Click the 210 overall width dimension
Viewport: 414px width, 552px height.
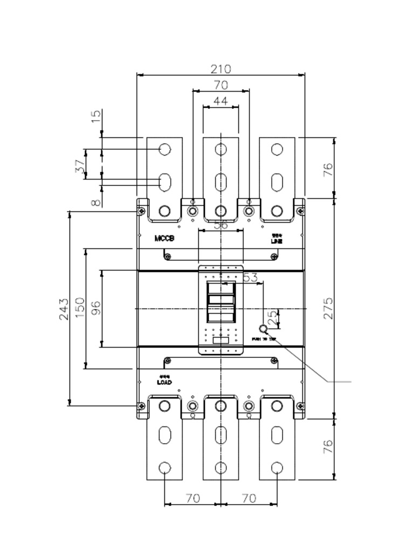[x=220, y=69]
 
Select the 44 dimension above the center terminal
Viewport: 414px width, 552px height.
[x=220, y=101]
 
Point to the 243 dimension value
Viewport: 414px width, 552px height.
[x=64, y=308]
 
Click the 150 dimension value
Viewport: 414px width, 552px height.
[x=80, y=308]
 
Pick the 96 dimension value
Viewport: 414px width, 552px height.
[x=95, y=308]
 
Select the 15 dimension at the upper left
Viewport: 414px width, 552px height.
[x=95, y=116]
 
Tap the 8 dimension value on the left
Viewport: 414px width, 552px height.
[x=95, y=203]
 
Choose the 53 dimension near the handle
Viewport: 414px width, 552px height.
[x=250, y=278]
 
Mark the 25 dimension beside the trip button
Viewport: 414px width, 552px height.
[x=272, y=317]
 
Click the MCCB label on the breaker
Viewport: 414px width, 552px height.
[x=164, y=238]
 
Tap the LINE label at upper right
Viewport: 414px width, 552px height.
[x=277, y=241]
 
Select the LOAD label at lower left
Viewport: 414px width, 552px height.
[x=164, y=382]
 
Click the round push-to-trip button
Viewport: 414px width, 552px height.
[x=264, y=329]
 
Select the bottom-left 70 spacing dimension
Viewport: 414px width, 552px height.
[x=192, y=498]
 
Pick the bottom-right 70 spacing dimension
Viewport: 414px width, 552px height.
[x=249, y=498]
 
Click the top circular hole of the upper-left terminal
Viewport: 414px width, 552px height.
[x=165, y=149]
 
